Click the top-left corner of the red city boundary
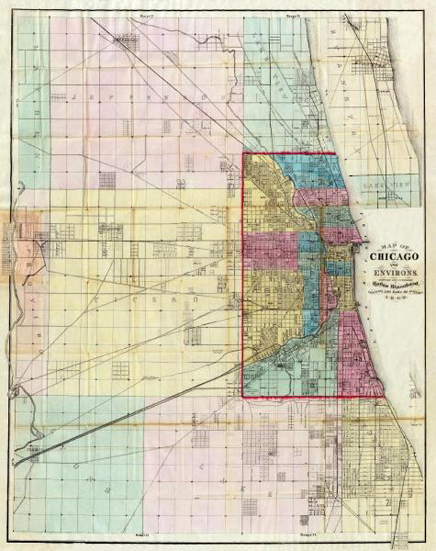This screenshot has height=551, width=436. pos(242,154)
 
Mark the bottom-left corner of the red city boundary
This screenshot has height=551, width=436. pos(242,397)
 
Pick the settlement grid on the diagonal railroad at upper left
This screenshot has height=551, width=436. pos(128,40)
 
